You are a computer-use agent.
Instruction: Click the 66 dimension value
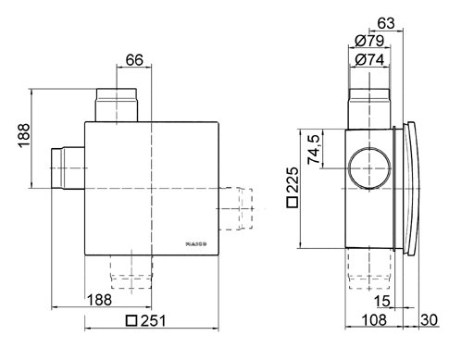click(134, 60)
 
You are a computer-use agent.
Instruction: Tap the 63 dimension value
click(386, 23)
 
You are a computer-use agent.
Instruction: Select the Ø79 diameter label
click(369, 41)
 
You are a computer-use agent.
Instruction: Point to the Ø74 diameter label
click(369, 59)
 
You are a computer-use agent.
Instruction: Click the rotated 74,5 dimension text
click(314, 149)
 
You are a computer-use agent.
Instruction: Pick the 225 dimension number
click(293, 180)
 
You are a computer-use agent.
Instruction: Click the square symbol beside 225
click(293, 202)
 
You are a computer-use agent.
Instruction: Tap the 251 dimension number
click(154, 321)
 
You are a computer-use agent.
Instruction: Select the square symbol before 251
click(131, 321)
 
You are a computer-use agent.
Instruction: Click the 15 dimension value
click(382, 301)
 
